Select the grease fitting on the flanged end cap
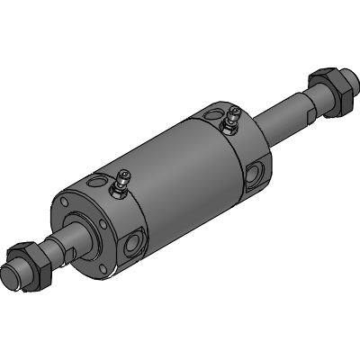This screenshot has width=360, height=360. [x=118, y=186]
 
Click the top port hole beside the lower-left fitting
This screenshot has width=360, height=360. [x=94, y=186]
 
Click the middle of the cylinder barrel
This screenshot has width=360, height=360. [x=171, y=171]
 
